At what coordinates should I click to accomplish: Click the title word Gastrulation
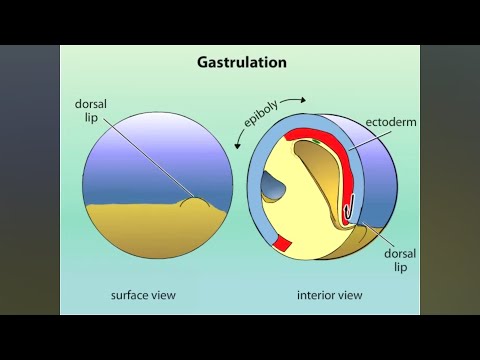point(240,62)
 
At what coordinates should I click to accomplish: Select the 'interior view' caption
point(329,295)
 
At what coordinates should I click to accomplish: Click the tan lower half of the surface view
point(140,235)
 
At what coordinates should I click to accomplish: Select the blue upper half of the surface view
point(140,150)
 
